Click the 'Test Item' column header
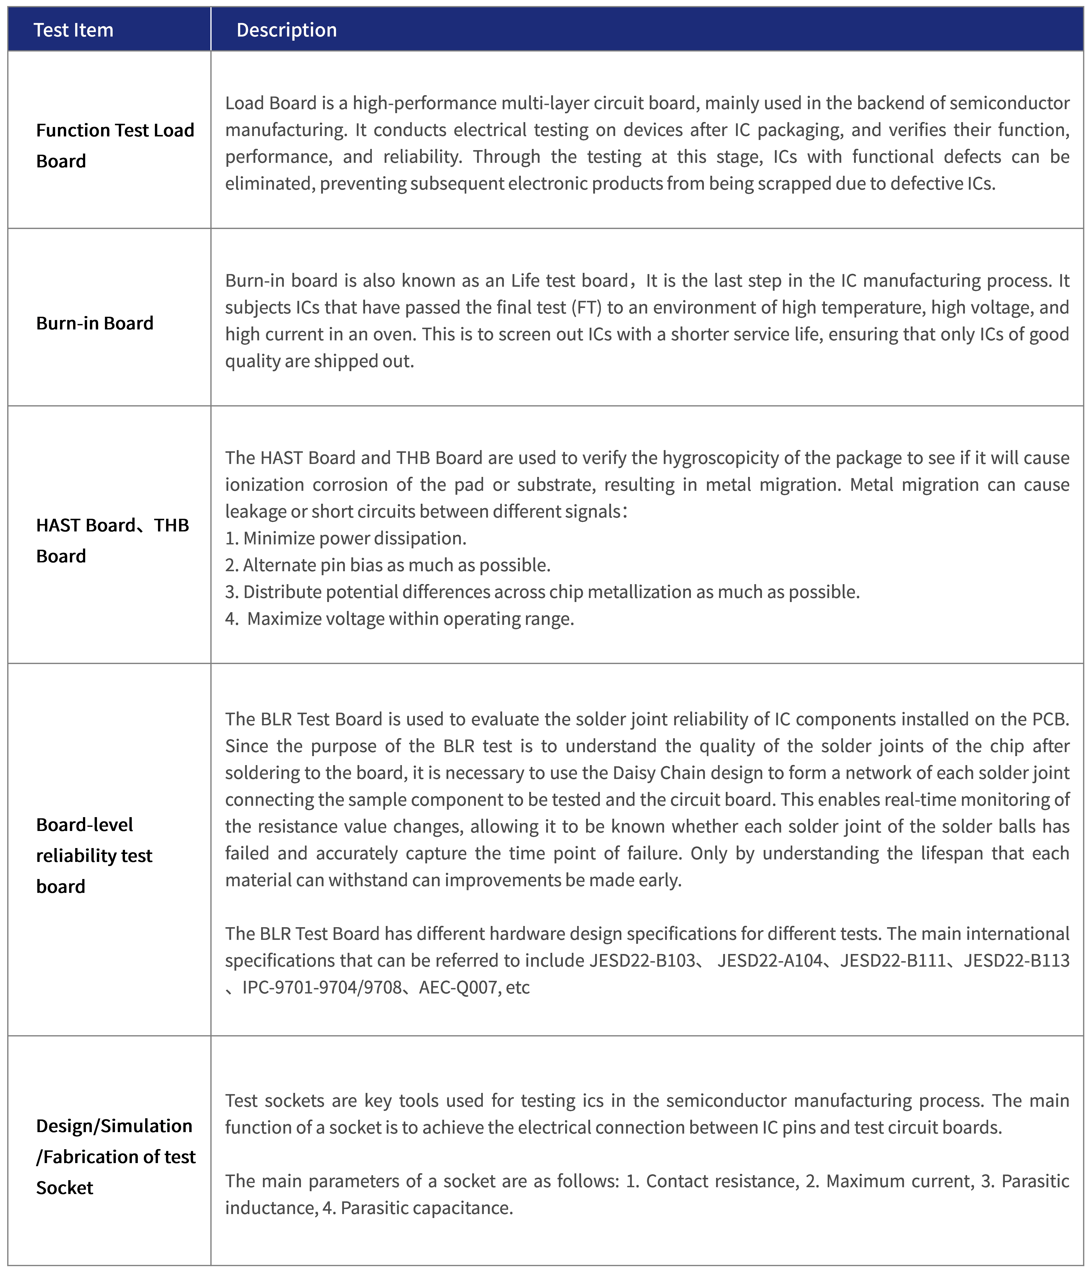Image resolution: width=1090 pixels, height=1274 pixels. tap(73, 29)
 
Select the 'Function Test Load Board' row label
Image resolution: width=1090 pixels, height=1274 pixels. tap(115, 145)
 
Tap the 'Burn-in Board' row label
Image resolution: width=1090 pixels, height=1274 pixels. tap(95, 323)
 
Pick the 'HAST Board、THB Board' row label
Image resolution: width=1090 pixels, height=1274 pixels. tap(113, 540)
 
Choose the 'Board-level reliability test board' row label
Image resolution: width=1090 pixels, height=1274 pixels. tap(94, 855)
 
